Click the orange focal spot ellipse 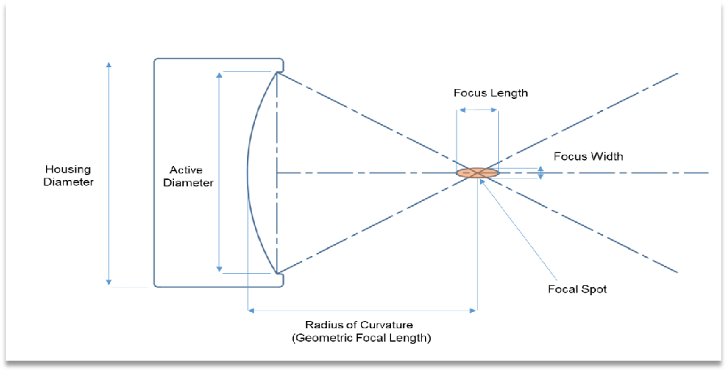478,173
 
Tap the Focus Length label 491,93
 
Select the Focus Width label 589,156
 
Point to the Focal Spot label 577,289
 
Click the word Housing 68,169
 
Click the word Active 186,170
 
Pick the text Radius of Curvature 359,325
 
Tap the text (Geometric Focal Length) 361,338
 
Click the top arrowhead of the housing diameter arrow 109,65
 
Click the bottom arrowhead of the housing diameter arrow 109,282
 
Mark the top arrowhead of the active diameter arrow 219,75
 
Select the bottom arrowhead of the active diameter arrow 219,269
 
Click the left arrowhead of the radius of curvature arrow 251,310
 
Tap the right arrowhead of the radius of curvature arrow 474,310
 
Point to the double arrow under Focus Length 478,110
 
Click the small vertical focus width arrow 541,173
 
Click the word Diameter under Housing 68,182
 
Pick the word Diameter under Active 189,183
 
